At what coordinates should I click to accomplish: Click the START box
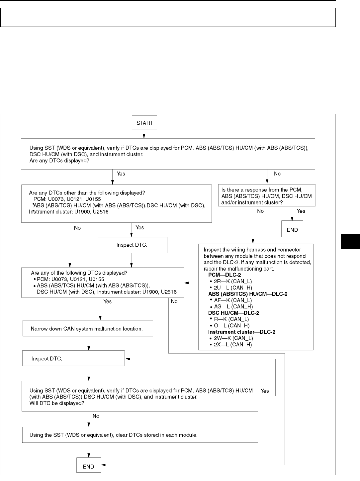144,123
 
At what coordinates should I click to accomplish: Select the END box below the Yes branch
292,230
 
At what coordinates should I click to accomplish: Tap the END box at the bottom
88,466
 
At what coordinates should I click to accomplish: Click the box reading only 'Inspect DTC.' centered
132,245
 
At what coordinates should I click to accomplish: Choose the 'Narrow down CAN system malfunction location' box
88,328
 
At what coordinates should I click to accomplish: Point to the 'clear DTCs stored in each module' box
140,435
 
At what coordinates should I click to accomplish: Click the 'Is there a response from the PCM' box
266,195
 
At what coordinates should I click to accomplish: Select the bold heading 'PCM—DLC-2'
225,275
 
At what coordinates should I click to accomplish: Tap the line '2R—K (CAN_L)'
233,281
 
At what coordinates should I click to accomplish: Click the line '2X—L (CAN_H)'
233,344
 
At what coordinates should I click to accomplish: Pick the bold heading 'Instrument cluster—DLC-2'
241,332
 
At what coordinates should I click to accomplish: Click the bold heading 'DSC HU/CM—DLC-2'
233,313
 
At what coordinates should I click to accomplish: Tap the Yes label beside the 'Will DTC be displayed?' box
265,391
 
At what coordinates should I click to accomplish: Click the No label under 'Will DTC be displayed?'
96,416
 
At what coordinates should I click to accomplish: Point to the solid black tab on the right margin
350,241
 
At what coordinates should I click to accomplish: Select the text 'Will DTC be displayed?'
57,403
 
